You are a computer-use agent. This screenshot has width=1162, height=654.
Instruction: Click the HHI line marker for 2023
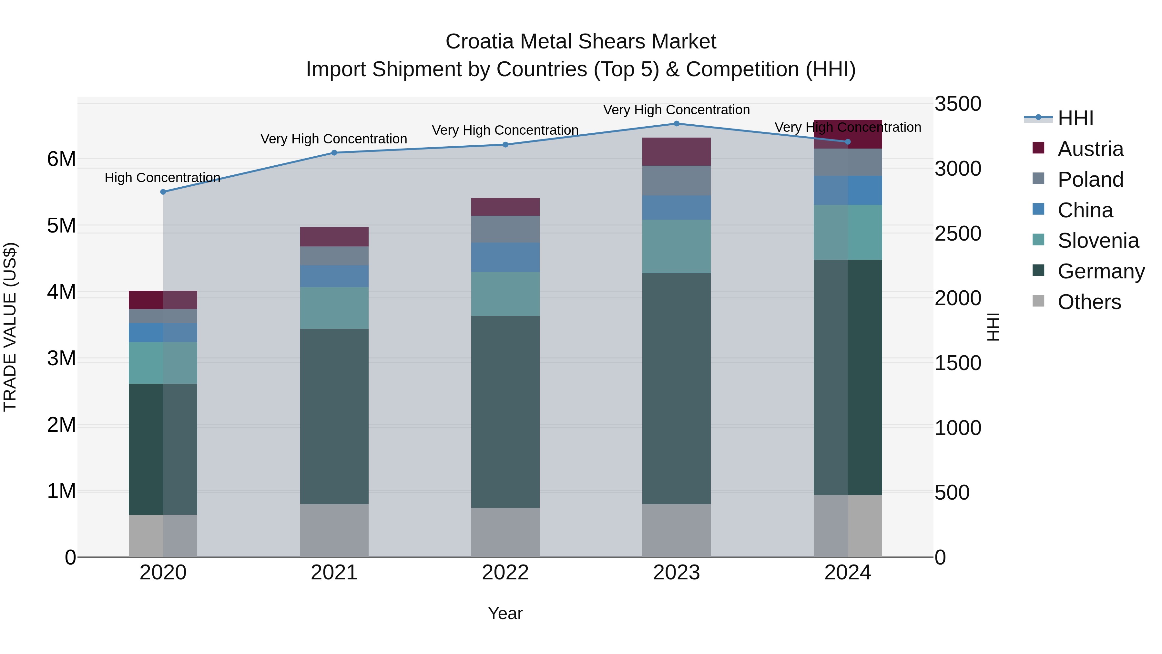pyautogui.click(x=676, y=123)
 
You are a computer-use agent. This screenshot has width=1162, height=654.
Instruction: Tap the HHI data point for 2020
pyautogui.click(x=163, y=192)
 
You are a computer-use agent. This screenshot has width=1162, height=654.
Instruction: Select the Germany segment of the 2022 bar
pyautogui.click(x=505, y=412)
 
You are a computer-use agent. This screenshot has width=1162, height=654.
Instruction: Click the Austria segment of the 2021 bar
pyautogui.click(x=334, y=236)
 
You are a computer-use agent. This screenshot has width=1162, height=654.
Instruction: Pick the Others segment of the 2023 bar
pyautogui.click(x=676, y=530)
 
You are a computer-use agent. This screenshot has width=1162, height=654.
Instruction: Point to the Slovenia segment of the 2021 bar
pyautogui.click(x=334, y=308)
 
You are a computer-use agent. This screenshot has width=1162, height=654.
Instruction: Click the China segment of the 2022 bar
pyautogui.click(x=505, y=257)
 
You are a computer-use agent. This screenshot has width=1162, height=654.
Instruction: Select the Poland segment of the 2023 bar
pyautogui.click(x=676, y=181)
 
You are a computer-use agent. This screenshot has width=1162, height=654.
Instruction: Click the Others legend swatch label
pyautogui.click(x=1089, y=302)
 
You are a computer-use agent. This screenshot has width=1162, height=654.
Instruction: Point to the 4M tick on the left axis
pyautogui.click(x=62, y=292)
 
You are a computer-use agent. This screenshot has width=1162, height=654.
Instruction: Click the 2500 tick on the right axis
pyautogui.click(x=958, y=234)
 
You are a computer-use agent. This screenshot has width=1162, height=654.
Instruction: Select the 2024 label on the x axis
pyautogui.click(x=847, y=573)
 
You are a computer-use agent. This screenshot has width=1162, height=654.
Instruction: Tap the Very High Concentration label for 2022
pyautogui.click(x=505, y=130)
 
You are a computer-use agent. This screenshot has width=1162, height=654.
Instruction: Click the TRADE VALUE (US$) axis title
pyautogui.click(x=10, y=327)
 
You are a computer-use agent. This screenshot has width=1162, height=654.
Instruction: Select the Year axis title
pyautogui.click(x=505, y=613)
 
